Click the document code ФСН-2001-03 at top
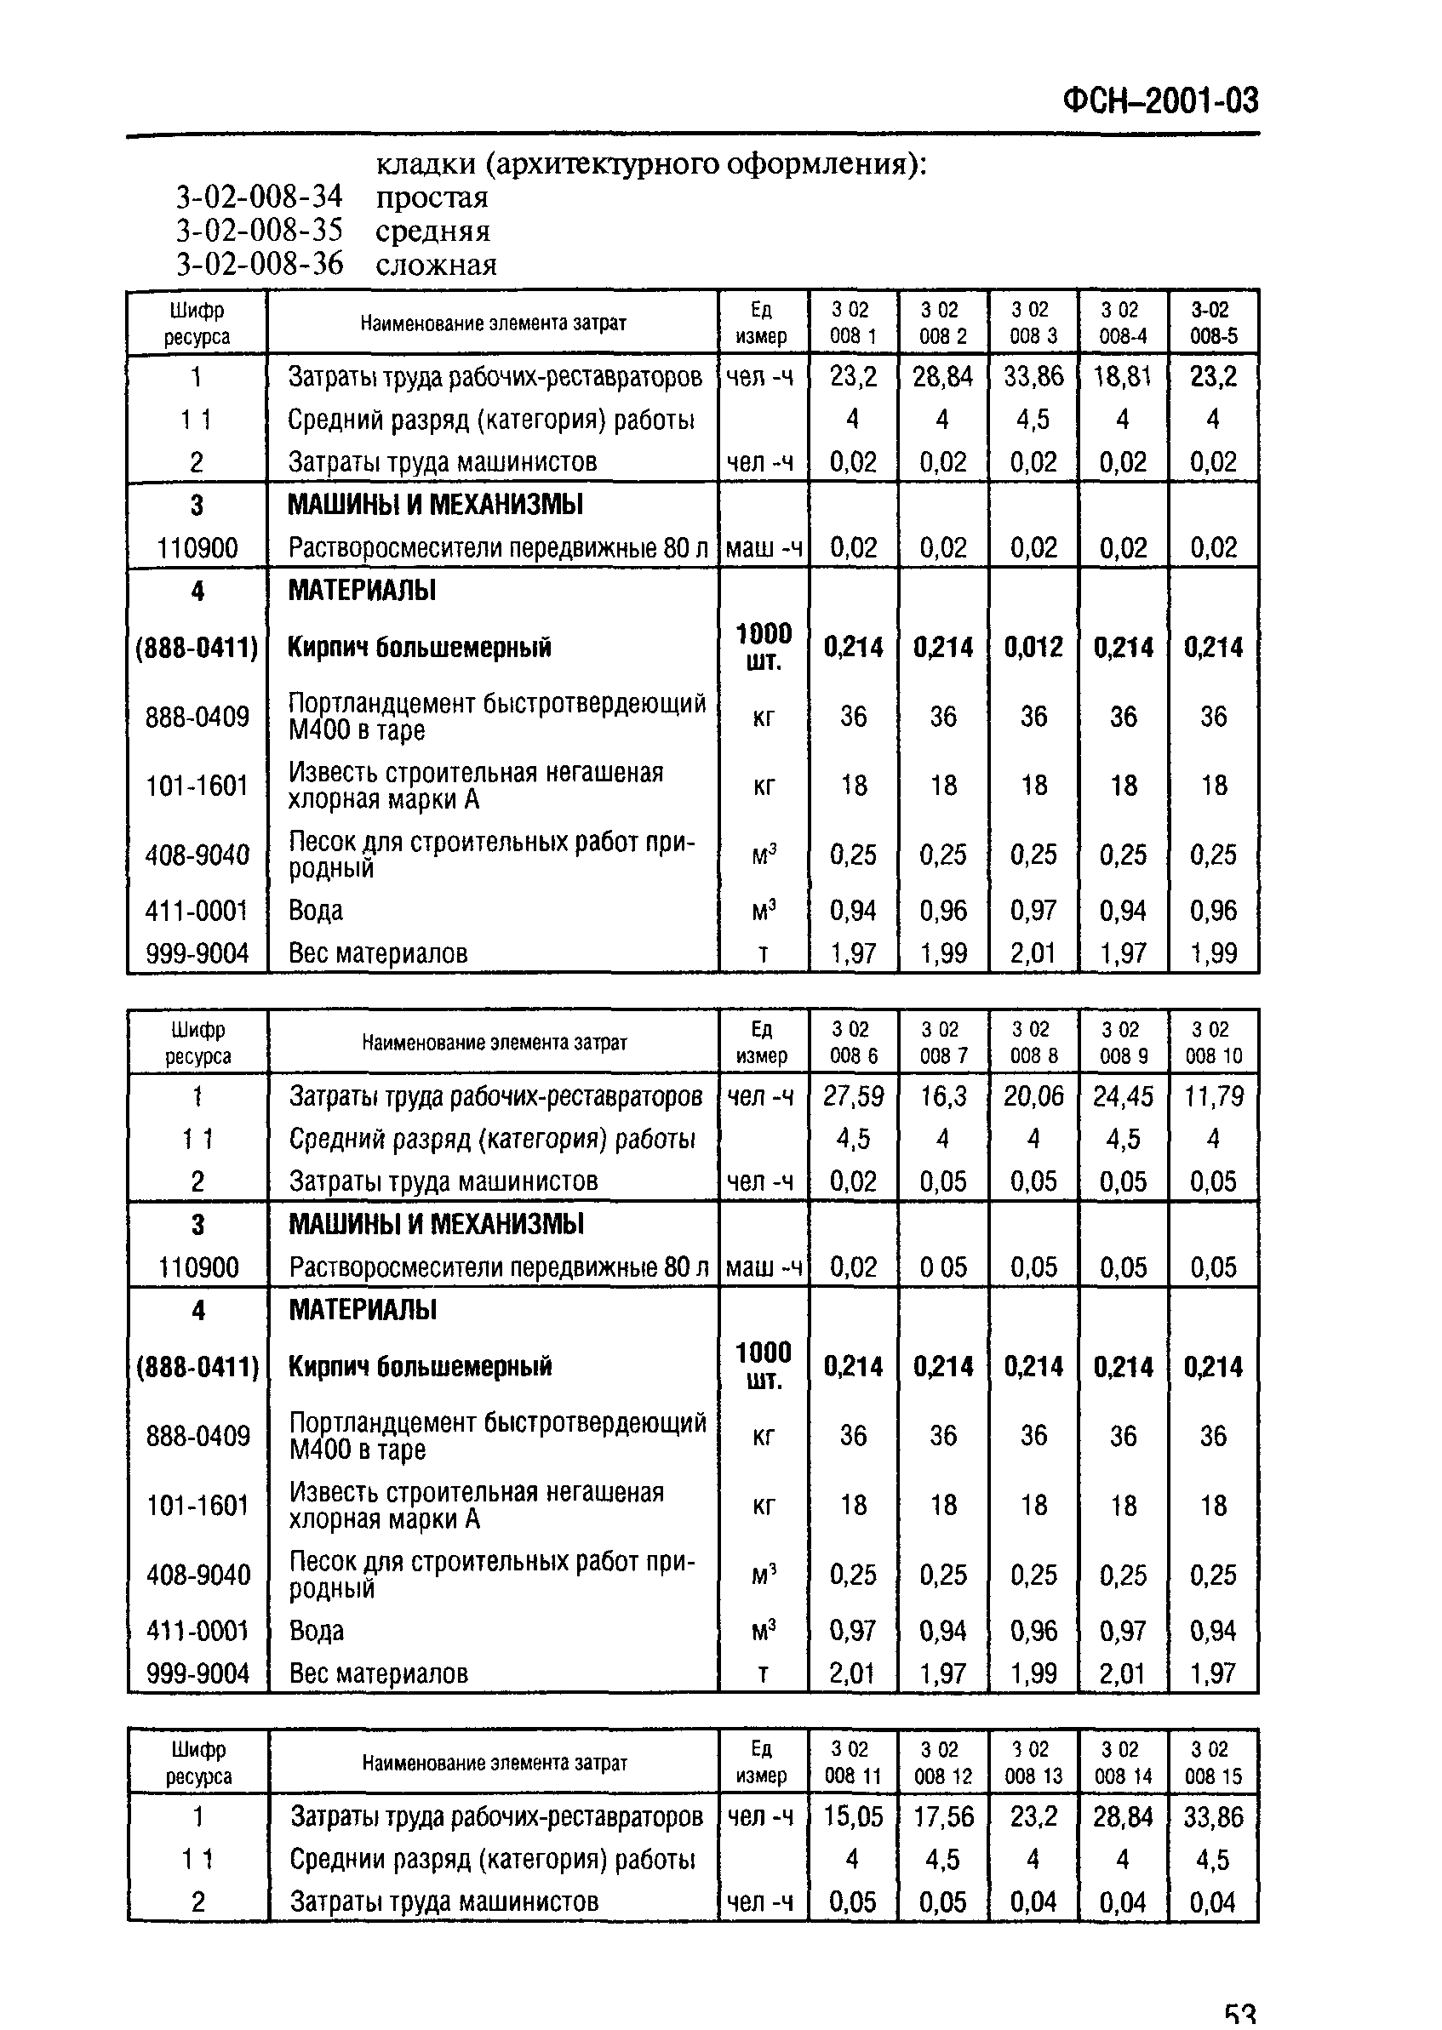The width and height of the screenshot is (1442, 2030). [x=1159, y=101]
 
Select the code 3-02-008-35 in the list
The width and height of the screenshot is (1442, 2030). [x=259, y=231]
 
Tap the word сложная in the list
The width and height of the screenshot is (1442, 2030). [x=436, y=265]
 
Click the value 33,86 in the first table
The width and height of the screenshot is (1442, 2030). [x=1033, y=376]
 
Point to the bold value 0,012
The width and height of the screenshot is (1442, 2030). [x=1033, y=647]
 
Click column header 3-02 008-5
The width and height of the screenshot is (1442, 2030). [x=1212, y=323]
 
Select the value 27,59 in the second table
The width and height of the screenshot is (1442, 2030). [x=853, y=1096]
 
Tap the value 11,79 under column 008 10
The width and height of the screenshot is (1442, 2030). [x=1213, y=1096]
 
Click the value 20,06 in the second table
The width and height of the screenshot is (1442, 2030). [x=1033, y=1096]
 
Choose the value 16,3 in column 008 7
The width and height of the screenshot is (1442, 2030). [x=943, y=1096]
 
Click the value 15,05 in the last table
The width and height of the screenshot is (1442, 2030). [x=853, y=1816]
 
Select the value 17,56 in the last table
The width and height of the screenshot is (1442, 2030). [x=943, y=1816]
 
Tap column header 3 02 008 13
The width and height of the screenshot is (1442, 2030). [x=1033, y=1762]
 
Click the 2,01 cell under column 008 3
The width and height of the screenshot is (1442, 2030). [x=1033, y=953]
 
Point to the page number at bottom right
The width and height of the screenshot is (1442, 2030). [x=1239, y=2015]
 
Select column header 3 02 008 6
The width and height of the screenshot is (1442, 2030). [x=853, y=1042]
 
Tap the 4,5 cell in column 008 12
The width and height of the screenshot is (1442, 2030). [x=943, y=1859]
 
